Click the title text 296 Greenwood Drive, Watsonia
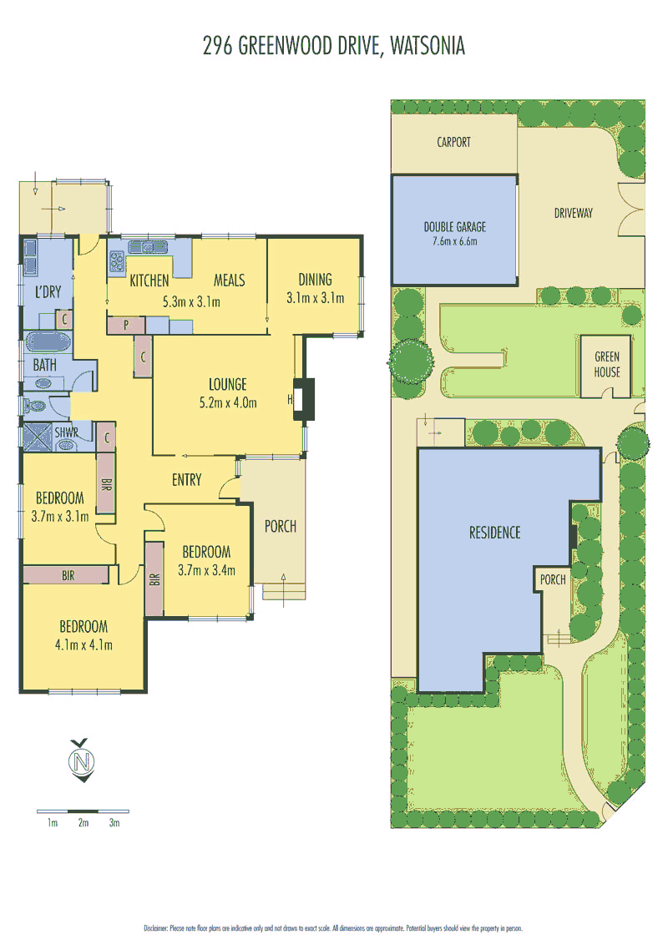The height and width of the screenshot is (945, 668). point(334,46)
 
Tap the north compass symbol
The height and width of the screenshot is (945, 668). point(82,761)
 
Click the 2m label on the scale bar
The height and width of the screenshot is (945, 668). point(83,823)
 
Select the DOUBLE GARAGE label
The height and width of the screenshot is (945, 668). point(454,226)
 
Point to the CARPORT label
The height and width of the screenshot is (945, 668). point(453,142)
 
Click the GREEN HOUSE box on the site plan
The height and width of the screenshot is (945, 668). point(607,366)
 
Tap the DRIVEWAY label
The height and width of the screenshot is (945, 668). point(573,213)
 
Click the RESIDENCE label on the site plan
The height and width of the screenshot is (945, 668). point(494,533)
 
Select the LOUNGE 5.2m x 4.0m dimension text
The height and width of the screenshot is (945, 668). point(228,402)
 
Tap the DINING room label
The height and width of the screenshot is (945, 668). point(315,280)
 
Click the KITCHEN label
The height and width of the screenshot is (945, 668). point(149,280)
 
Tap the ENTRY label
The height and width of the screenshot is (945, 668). point(186,479)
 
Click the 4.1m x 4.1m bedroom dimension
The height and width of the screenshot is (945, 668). point(83,644)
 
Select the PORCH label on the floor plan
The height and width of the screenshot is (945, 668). point(280,526)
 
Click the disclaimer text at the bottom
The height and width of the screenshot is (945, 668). point(334,927)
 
